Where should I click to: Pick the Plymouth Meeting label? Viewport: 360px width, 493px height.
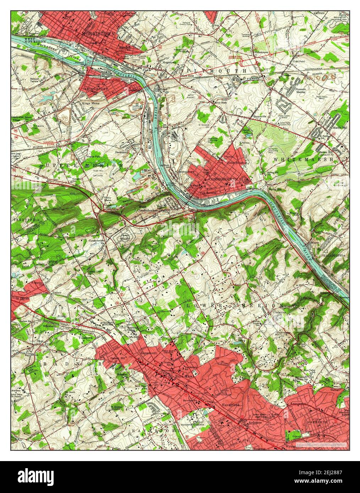(x=301, y=91)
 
